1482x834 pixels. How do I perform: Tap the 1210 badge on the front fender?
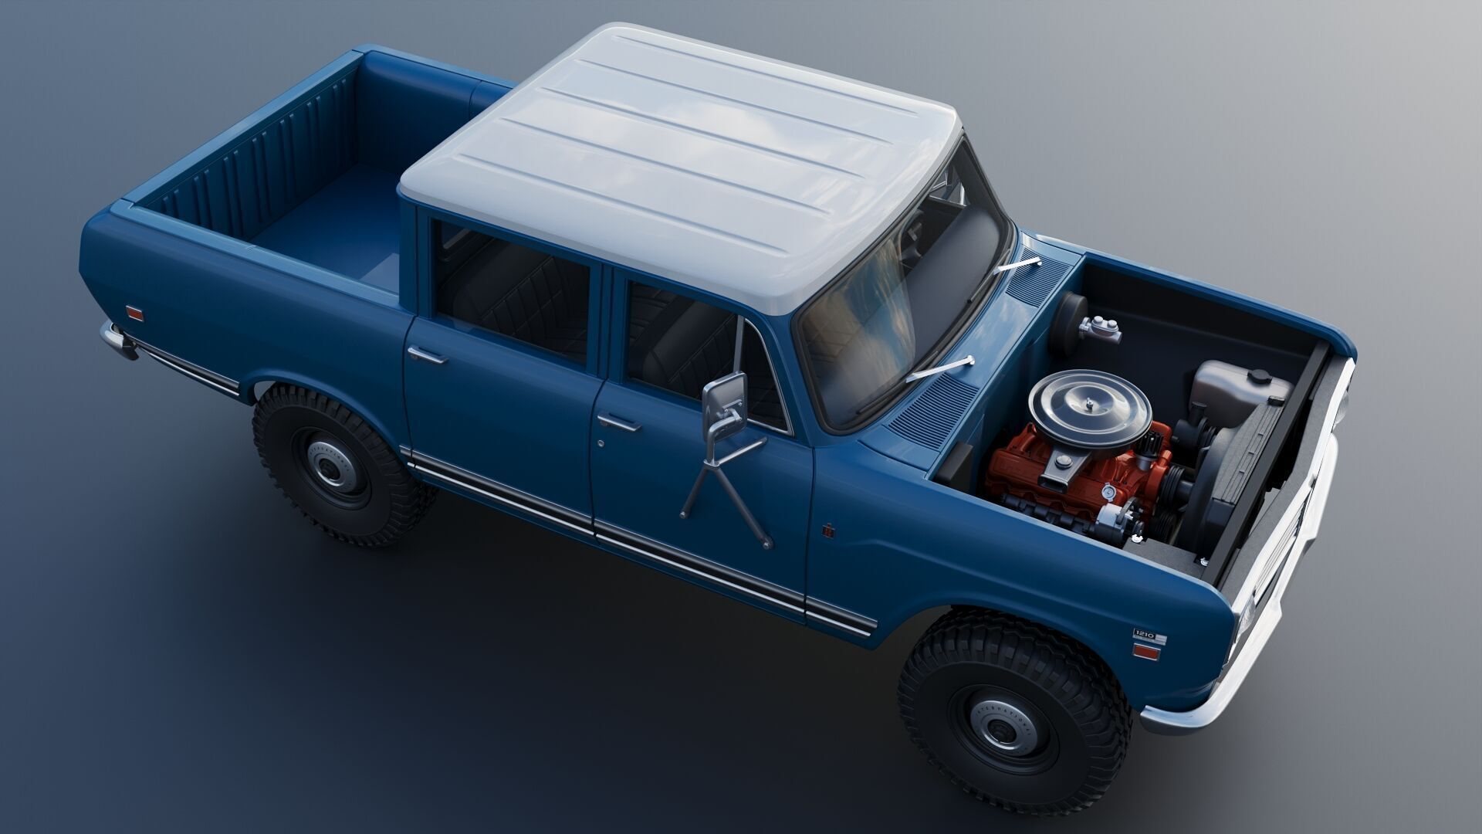tap(1148, 635)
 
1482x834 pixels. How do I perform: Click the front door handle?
tap(620, 422)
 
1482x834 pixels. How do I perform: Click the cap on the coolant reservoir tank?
tap(1259, 376)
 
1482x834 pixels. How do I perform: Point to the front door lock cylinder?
tap(602, 443)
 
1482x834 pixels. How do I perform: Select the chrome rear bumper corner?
tap(116, 340)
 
